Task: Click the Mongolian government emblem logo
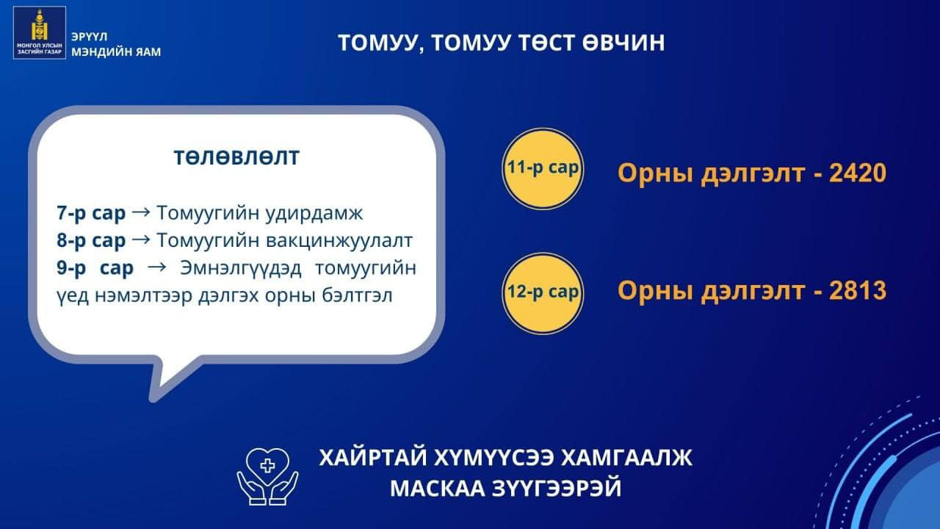click(x=40, y=32)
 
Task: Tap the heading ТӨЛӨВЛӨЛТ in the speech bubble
click(x=236, y=157)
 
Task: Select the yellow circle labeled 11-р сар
click(x=543, y=169)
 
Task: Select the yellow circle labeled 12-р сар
click(x=543, y=293)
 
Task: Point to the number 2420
click(x=857, y=173)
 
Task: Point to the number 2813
click(x=857, y=290)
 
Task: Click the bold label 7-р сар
click(x=91, y=213)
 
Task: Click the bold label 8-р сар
click(x=91, y=240)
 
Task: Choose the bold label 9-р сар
click(x=95, y=268)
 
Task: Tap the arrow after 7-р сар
click(x=141, y=212)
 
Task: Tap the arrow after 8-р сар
click(x=141, y=240)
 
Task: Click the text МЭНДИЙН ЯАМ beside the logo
click(x=116, y=52)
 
